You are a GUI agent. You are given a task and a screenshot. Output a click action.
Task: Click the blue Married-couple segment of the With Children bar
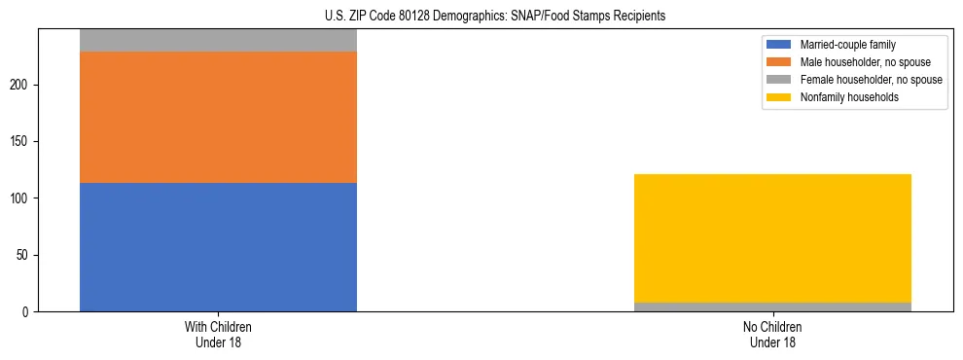[x=218, y=247]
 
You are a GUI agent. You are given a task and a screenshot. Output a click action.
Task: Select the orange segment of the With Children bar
[x=218, y=117]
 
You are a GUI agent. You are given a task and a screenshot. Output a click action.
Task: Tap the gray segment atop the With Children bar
[x=218, y=40]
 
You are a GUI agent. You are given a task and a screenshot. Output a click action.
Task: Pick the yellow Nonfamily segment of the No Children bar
[x=772, y=238]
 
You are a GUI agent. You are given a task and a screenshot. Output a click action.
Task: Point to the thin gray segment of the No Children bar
[x=772, y=307]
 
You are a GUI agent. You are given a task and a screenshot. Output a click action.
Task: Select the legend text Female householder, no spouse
[x=871, y=80]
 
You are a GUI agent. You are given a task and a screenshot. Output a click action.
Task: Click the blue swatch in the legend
[x=779, y=45]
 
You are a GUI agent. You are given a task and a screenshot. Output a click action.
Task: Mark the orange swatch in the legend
[x=779, y=62]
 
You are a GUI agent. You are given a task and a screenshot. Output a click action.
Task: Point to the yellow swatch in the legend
[x=779, y=97]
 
